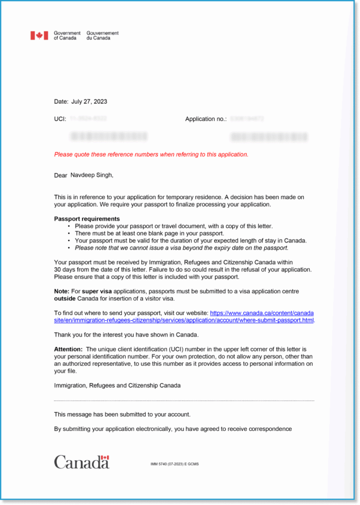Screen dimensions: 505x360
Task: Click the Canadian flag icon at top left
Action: (39, 36)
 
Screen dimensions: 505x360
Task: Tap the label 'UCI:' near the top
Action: (60, 119)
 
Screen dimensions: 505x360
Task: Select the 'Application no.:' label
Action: (206, 119)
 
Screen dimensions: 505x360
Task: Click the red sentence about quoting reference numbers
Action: (151, 154)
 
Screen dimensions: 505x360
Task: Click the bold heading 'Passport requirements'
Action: (87, 219)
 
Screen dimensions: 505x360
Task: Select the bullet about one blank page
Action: (149, 233)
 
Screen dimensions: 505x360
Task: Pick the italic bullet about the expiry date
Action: (181, 248)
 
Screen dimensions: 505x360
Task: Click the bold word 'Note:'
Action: (62, 291)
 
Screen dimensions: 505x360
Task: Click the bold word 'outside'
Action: (65, 299)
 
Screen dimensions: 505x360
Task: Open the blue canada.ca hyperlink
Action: (262, 313)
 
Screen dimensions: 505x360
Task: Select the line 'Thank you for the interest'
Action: (126, 335)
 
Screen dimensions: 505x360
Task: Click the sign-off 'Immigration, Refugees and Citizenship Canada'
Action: (117, 386)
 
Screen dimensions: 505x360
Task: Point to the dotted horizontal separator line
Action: (184, 400)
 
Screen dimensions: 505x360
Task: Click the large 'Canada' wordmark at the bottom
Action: (81, 462)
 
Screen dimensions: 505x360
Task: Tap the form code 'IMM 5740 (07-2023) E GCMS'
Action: (175, 464)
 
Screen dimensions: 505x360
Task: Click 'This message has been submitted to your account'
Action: (122, 415)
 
